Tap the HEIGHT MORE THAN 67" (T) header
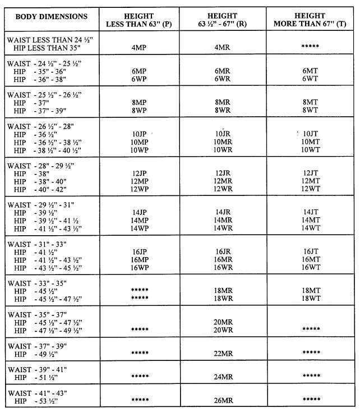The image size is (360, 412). [310, 20]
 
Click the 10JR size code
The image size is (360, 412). [224, 133]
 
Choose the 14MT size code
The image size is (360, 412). [311, 220]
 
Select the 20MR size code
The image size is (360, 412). [223, 321]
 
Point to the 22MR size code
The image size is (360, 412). [223, 353]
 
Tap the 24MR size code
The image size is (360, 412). [223, 376]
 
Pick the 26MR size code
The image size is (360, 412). [223, 400]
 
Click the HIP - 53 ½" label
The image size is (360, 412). [39, 401]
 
